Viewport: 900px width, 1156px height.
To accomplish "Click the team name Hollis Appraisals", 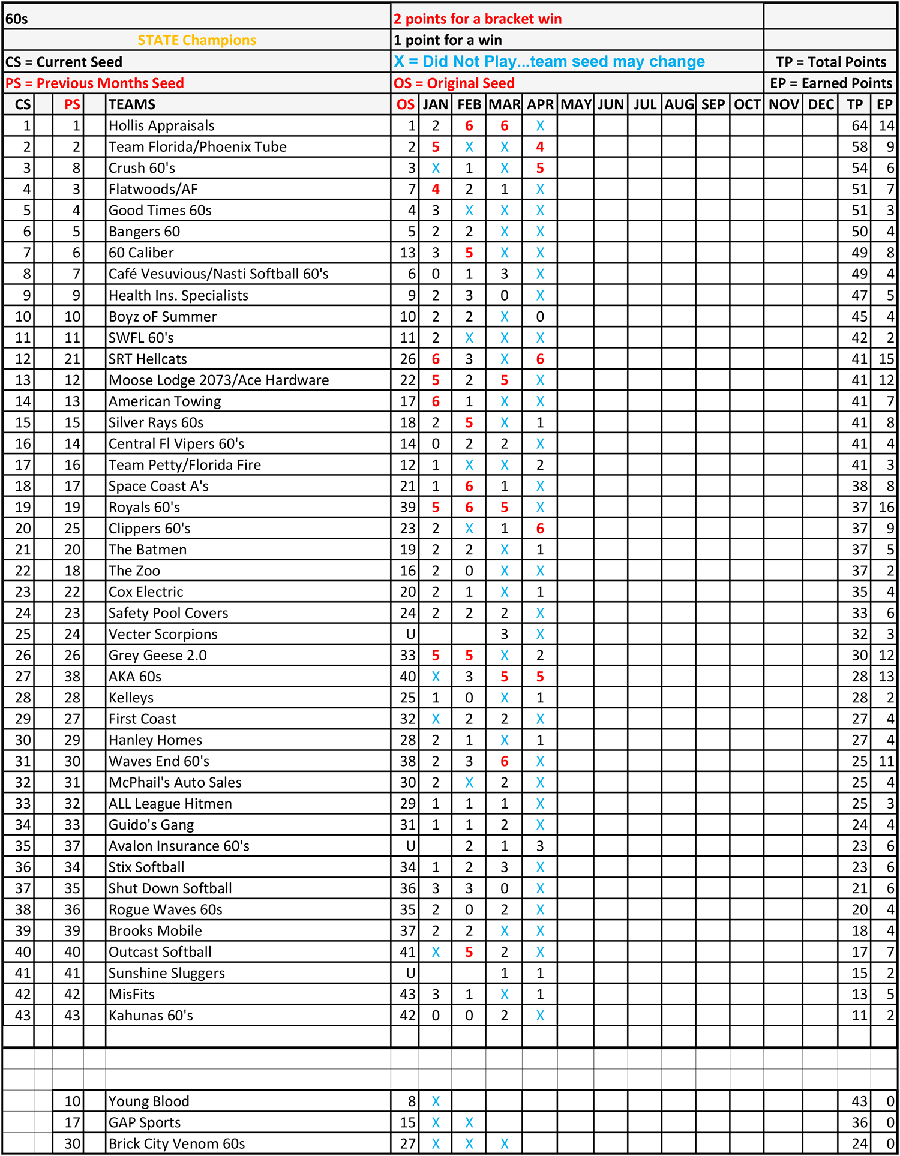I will [161, 125].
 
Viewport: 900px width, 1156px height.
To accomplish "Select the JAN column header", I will [435, 104].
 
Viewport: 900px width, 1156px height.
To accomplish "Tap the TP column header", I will [854, 104].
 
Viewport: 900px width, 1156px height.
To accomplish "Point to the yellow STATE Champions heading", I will [197, 40].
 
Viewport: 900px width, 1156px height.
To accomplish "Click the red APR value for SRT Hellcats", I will [540, 359].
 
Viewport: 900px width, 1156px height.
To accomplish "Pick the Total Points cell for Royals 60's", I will [859, 507].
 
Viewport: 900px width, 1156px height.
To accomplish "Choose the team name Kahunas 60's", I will [151, 1015].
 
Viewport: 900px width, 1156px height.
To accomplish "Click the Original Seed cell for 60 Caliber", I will [407, 253].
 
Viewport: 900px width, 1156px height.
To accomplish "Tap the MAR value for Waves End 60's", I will [504, 761].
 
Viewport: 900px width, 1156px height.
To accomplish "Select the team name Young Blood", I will [149, 1101].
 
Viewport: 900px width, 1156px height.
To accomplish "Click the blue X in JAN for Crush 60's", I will [436, 168].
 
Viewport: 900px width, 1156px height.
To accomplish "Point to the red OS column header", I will [405, 104].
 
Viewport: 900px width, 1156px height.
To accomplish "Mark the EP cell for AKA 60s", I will [886, 677].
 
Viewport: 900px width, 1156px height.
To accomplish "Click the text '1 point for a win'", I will [448, 40].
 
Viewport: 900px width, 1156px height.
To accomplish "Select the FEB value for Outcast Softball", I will [469, 952].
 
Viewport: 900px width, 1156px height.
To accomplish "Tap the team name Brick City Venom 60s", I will [176, 1143].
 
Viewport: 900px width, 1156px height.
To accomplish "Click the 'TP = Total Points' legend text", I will [830, 62].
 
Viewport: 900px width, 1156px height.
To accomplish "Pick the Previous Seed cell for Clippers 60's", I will [72, 529].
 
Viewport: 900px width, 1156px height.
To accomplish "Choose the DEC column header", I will [820, 104].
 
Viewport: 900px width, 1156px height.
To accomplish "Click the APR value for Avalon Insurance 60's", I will [540, 846].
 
